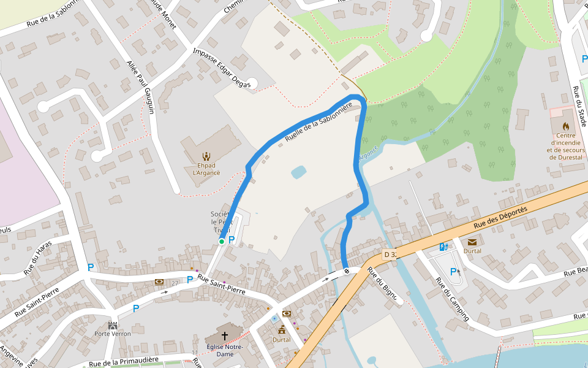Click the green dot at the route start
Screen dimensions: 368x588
click(x=222, y=242)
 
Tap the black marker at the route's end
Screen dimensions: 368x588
click(x=347, y=270)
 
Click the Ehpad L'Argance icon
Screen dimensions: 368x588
click(x=206, y=156)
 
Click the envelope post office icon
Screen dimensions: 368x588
click(x=472, y=242)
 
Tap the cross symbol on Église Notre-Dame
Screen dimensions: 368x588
click(x=224, y=335)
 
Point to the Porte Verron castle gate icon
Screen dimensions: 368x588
click(x=113, y=325)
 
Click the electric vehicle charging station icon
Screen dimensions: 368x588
click(x=443, y=247)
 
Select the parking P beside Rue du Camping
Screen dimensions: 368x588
click(x=454, y=272)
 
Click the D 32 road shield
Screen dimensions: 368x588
click(x=390, y=254)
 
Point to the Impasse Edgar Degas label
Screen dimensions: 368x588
click(x=222, y=68)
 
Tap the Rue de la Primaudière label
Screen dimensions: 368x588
click(x=124, y=362)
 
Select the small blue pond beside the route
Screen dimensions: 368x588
click(x=298, y=172)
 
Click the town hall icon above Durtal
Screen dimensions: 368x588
click(x=282, y=330)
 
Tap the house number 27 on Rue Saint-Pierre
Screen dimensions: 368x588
click(x=175, y=283)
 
